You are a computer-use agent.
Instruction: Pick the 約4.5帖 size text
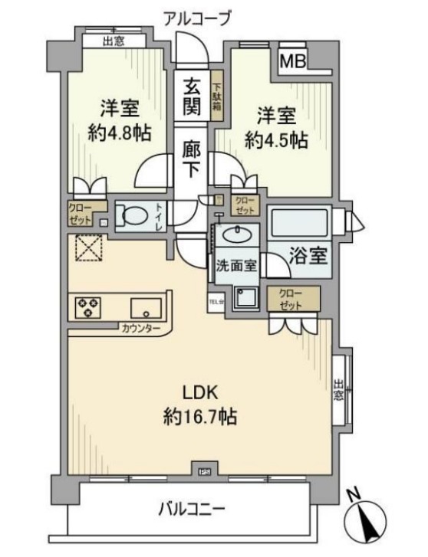pos(276,140)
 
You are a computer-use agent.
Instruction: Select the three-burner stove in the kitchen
pos(87,308)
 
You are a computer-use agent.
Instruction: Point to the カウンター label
pos(140,329)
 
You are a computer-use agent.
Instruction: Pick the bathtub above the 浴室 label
pos(299,224)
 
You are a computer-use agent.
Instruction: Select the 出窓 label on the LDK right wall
pos(338,391)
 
